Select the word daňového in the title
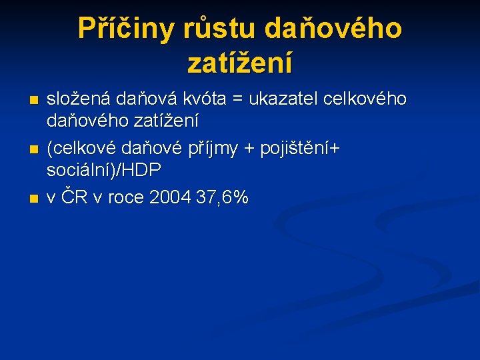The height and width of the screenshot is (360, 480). click(333, 29)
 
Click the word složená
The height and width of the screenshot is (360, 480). click(78, 99)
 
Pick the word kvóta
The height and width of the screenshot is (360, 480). click(207, 99)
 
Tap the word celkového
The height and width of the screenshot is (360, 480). click(365, 99)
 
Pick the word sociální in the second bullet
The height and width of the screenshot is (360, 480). click(79, 171)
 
